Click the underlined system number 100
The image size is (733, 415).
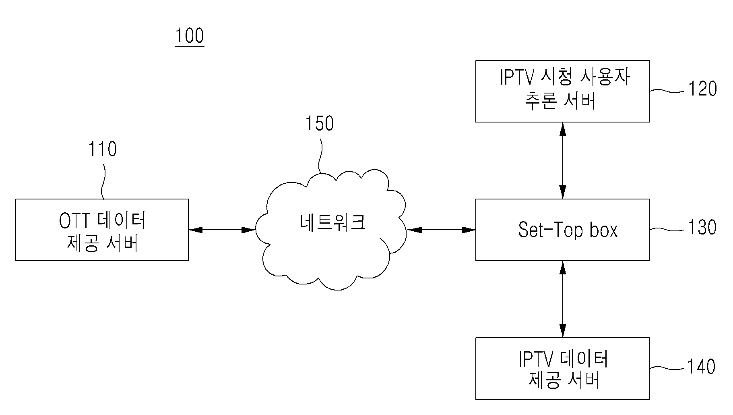coord(190,36)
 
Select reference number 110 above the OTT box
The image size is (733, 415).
coord(103,149)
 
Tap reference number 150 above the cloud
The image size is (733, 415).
coord(320,124)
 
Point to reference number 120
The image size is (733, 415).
coord(702,89)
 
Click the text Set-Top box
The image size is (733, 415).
coord(568,230)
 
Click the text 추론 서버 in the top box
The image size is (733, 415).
coord(560,101)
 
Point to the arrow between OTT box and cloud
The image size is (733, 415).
coord(222,230)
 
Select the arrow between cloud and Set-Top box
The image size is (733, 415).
coord(441,230)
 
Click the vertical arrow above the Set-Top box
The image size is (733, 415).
coord(562,160)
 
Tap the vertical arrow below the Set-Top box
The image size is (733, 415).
coord(562,299)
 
